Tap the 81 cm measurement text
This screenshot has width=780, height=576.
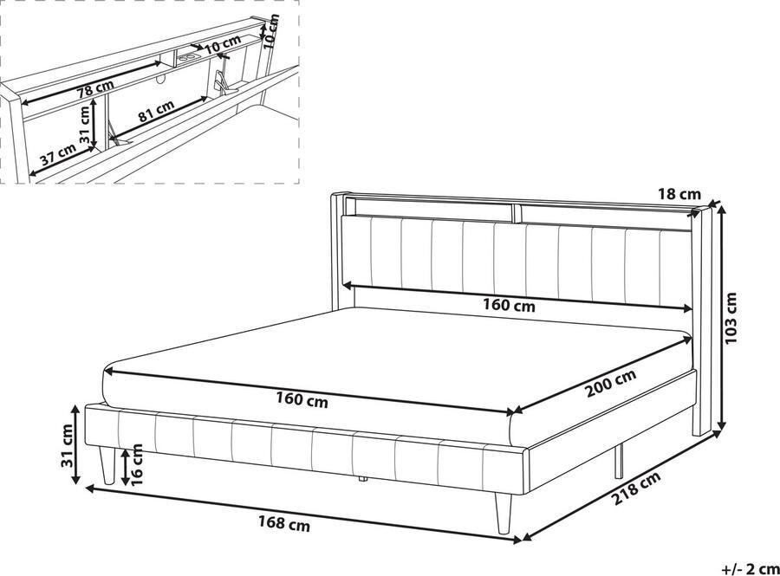click(157, 110)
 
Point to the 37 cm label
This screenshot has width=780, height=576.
click(58, 156)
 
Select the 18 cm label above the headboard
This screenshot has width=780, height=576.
click(679, 195)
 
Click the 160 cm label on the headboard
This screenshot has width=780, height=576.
click(510, 305)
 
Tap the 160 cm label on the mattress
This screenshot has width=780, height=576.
click(302, 399)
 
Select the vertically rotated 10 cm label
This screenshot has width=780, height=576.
click(270, 29)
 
